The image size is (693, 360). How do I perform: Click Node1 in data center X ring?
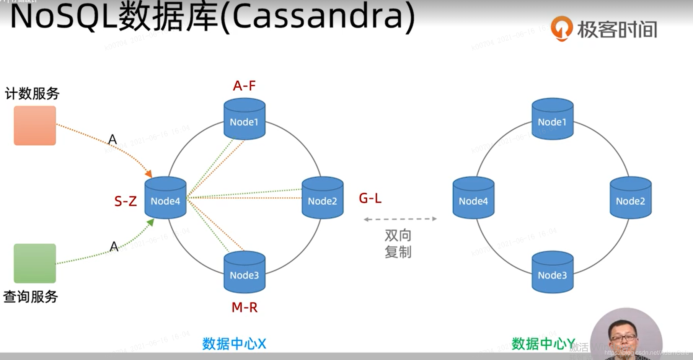tap(244, 119)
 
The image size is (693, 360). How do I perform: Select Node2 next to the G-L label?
tap(322, 198)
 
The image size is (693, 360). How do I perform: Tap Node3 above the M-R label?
tap(244, 272)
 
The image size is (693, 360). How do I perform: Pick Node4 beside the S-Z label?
tap(165, 198)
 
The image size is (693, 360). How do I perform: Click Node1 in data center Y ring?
tap(552, 119)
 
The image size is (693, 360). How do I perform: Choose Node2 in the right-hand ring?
tap(630, 198)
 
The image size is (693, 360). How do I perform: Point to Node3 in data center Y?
tap(552, 272)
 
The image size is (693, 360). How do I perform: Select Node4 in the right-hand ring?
tap(473, 198)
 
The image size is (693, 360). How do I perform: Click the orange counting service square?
tap(35, 125)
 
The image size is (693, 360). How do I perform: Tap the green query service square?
tap(35, 263)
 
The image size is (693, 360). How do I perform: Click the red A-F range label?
tap(244, 86)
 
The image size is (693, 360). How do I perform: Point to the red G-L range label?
tap(370, 198)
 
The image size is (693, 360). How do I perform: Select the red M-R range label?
tap(244, 307)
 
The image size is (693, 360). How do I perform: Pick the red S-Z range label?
tap(126, 201)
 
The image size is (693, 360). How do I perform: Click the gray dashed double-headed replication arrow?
tap(400, 219)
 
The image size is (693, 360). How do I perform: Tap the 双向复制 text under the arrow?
tap(398, 244)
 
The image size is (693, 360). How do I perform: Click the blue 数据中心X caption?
tap(234, 344)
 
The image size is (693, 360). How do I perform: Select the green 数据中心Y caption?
tap(543, 344)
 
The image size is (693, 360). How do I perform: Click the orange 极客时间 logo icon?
tap(561, 28)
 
